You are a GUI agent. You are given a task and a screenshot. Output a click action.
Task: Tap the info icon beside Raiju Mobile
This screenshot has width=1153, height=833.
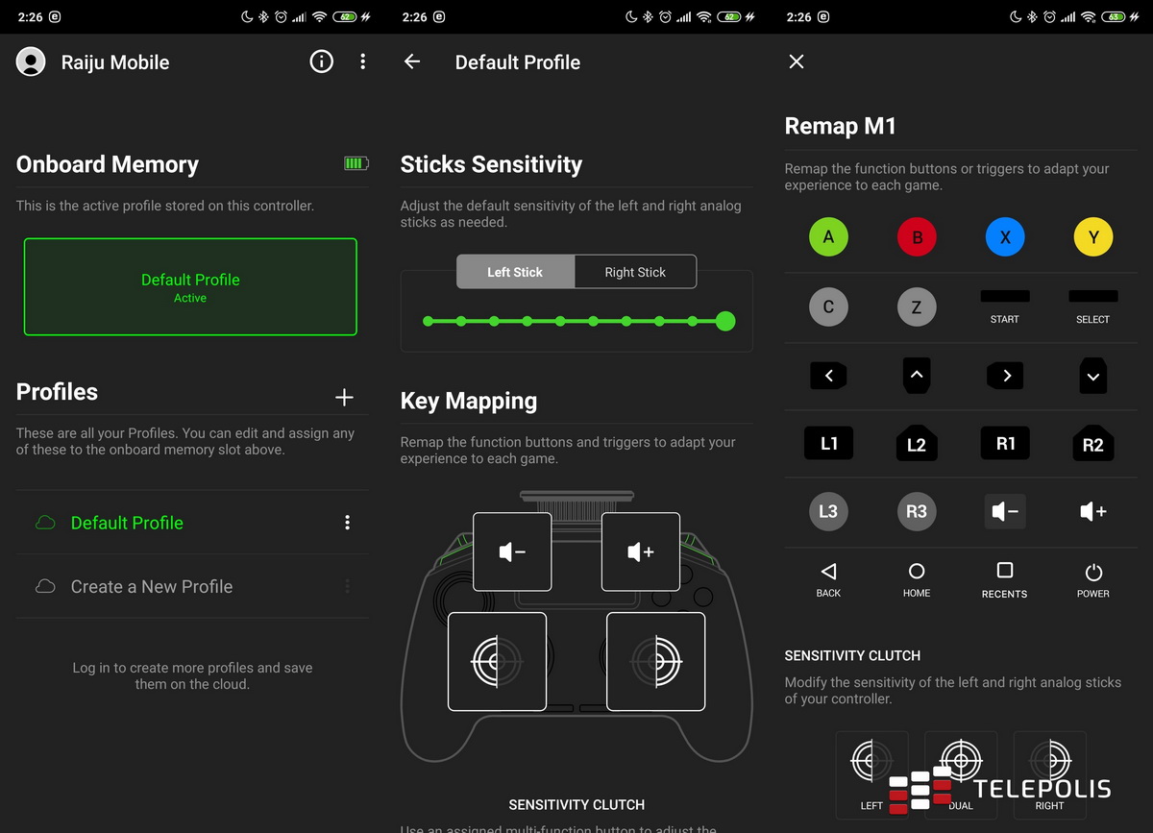[x=321, y=61]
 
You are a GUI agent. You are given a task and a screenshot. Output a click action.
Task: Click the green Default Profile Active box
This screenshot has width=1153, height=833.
[x=190, y=287]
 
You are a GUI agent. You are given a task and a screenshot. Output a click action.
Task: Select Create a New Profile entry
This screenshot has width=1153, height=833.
[x=152, y=586]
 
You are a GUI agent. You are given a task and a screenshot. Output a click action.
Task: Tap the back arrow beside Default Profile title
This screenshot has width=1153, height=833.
[x=412, y=61]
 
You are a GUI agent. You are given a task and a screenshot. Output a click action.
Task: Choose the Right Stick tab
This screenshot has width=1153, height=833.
[x=635, y=272]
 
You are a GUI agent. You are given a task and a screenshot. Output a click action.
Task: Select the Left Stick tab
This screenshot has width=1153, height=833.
[x=515, y=272]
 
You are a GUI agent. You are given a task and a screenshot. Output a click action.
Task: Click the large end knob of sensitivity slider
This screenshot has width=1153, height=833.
[x=725, y=321]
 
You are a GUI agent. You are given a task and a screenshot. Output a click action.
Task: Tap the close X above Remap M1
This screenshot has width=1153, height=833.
[x=797, y=61]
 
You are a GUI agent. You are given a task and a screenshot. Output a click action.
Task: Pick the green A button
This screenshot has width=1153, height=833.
[x=828, y=237]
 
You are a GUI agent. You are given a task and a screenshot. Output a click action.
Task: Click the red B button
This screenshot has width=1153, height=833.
[x=917, y=237]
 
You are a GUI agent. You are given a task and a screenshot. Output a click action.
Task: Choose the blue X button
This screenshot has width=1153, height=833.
[x=1005, y=237]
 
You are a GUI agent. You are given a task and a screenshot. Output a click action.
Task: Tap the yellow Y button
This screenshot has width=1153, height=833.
[x=1093, y=237]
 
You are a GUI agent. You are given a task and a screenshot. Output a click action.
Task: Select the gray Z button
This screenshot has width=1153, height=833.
[x=917, y=307]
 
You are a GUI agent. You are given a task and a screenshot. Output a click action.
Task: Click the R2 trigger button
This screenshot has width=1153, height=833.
[x=1093, y=444]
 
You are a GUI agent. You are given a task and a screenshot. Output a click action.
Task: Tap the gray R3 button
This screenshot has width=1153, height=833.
[x=917, y=511]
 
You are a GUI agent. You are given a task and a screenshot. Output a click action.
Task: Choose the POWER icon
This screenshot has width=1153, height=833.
[x=1093, y=573]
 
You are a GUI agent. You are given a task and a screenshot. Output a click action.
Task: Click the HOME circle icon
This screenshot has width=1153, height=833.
[x=917, y=572]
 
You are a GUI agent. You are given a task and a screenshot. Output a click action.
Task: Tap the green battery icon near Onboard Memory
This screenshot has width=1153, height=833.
[x=356, y=164]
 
